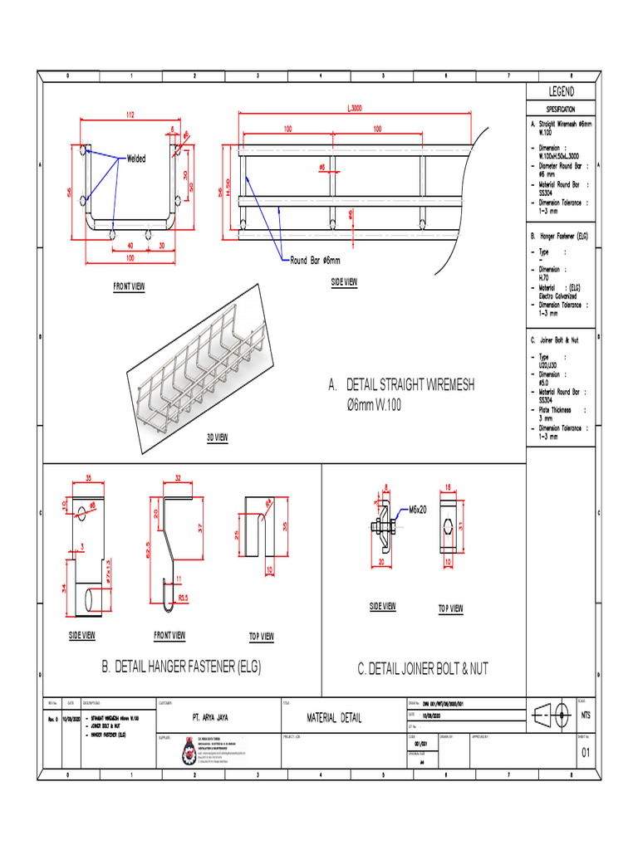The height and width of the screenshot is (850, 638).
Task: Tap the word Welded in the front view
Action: coord(136,159)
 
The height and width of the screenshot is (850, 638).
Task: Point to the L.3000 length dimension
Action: coord(355,108)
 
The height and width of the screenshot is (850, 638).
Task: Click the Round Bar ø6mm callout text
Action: coord(316,260)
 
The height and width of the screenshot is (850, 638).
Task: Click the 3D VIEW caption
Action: coord(218,437)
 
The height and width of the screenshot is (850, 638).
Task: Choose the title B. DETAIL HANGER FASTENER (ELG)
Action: coord(181,667)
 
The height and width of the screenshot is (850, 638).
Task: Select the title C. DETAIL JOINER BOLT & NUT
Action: coord(428,667)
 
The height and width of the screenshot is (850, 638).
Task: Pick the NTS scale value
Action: coord(586,715)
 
